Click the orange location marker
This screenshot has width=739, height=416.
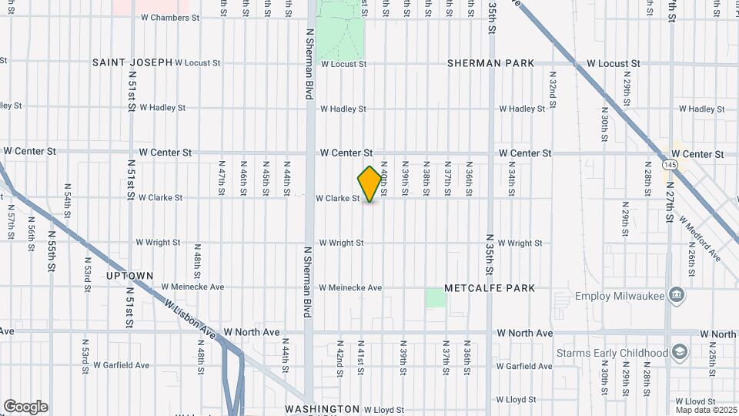click(x=370, y=184)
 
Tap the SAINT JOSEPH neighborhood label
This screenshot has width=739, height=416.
click(x=132, y=62)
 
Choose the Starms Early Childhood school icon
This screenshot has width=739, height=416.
click(x=679, y=353)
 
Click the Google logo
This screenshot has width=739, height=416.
click(x=25, y=407)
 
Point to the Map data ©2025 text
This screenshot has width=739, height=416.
click(x=705, y=410)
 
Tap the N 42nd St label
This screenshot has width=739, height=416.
click(x=339, y=362)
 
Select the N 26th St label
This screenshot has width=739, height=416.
click(x=692, y=253)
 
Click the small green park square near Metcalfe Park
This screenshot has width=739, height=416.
click(x=436, y=298)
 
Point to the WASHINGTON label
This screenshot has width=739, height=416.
click(x=322, y=409)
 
